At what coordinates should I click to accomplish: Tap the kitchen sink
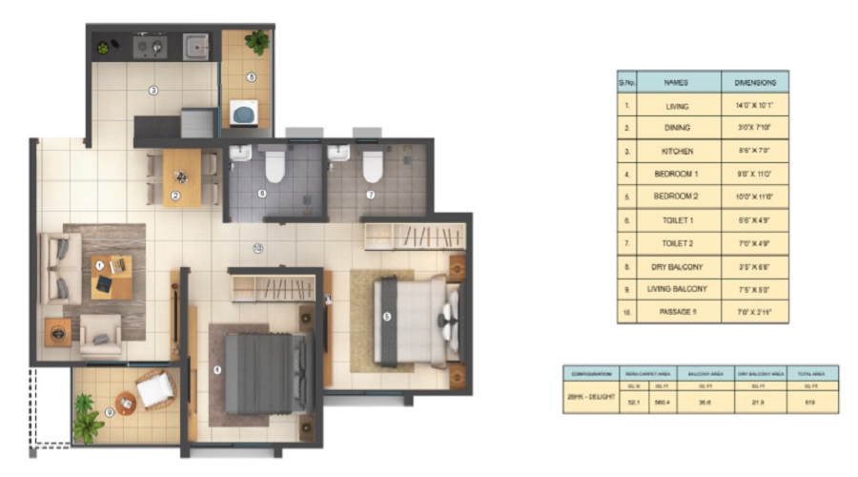pos(195,45)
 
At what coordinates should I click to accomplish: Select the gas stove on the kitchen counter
pos(150,45)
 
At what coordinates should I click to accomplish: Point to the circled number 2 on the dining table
pos(175,197)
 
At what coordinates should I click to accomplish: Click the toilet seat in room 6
pos(275,166)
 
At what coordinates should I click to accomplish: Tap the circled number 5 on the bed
pos(387,317)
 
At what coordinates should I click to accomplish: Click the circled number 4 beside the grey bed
pos(217,370)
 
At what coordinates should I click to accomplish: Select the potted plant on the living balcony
pos(88,420)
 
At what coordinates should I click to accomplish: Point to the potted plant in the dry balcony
pos(255,42)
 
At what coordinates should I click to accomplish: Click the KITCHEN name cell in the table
pos(679,151)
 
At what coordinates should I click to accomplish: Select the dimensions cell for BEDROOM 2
pos(754,197)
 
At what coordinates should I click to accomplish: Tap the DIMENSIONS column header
pos(754,82)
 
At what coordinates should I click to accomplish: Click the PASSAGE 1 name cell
pos(679,311)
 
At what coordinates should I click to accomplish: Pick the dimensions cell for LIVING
pos(754,105)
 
